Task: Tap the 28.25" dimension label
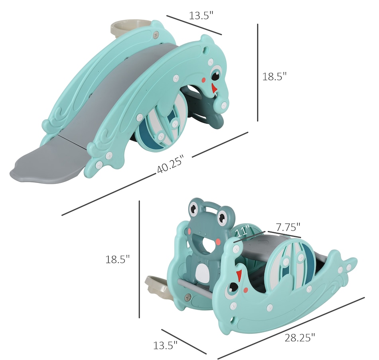click(300, 337)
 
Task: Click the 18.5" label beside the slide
click(274, 77)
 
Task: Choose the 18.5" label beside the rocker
click(117, 260)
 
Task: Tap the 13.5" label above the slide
click(201, 16)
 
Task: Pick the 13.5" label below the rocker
click(165, 345)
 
